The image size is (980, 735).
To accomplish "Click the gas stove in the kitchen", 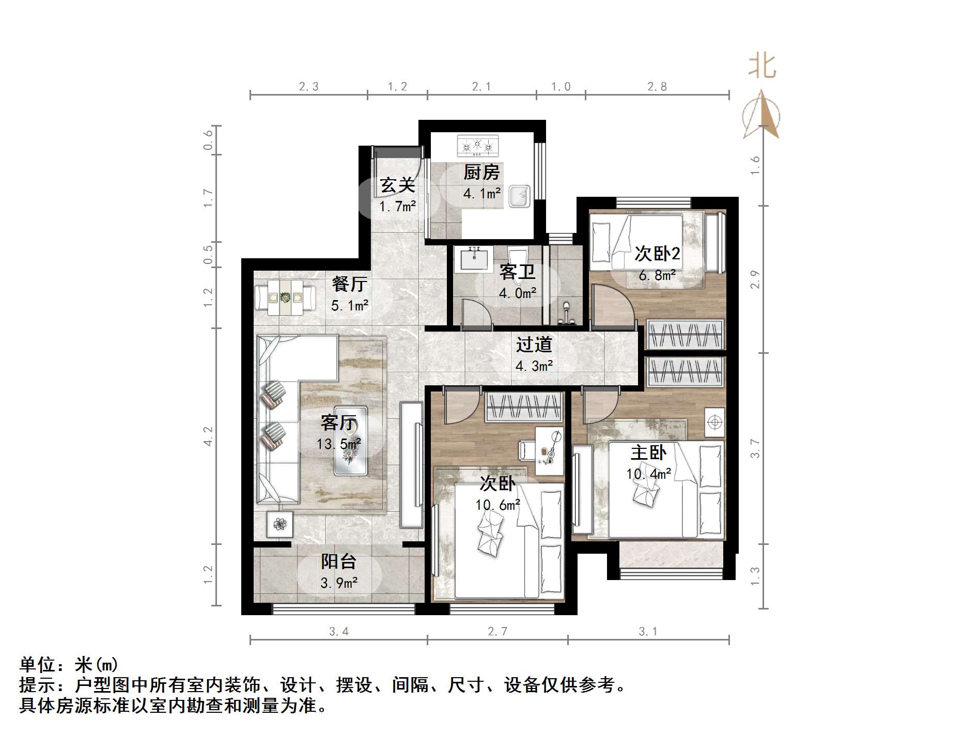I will coord(478,146).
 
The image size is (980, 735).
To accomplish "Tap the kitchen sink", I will coord(520,196).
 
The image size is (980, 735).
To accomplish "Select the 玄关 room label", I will coord(397,185).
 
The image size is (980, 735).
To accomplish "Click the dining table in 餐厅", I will coord(285,298).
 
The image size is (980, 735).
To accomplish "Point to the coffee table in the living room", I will coord(351,441).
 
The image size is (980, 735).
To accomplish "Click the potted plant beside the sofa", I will coord(279,524).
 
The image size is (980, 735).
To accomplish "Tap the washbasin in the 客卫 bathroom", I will coord(473,258).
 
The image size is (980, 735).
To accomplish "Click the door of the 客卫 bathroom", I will coord(475,313).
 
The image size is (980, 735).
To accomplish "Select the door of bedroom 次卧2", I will coord(612,307).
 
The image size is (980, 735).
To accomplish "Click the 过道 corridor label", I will coord(534,345).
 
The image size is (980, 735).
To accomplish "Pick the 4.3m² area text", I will coord(534,366).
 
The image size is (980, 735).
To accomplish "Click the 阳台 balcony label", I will coord(338,561).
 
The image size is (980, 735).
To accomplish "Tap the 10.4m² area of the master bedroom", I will coord(648,474).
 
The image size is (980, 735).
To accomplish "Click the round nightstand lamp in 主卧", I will coord(714,423).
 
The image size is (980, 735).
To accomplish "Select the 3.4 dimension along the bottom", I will coord(338,631).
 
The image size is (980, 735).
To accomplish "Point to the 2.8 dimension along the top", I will coord(657,87).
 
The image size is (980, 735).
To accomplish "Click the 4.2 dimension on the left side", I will coord(208,435).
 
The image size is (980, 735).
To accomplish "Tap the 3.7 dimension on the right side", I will coord(755,448).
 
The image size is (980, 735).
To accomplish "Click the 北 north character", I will coord(762,67).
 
